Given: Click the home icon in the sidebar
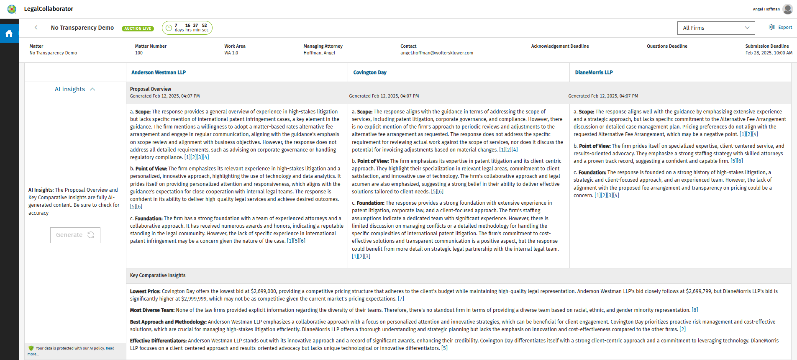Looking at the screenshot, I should tap(9, 33).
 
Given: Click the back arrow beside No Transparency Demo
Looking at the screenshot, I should tap(36, 28).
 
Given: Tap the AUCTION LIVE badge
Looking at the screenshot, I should tap(138, 28).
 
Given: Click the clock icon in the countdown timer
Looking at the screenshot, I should tap(169, 28).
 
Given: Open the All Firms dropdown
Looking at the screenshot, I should tap(716, 28).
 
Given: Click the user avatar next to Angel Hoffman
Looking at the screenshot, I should tap(787, 9).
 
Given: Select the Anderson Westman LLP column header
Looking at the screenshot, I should tap(159, 72).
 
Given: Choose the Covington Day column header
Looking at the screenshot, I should tap(370, 72).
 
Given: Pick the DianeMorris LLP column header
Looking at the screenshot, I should tap(594, 72).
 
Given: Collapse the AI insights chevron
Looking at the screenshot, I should tap(93, 89).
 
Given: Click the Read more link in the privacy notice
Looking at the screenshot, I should tap(110, 348).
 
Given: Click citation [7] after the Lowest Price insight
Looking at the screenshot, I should tap(401, 299).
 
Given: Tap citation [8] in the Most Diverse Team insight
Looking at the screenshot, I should tap(694, 310).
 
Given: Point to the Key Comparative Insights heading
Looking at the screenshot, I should tap(158, 275).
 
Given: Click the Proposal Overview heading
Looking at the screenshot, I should tap(151, 89).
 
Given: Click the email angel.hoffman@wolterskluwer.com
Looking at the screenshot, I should tap(436, 53).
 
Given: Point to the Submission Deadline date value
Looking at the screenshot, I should tap(769, 53).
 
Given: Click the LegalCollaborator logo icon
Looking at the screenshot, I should tap(12, 9).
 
